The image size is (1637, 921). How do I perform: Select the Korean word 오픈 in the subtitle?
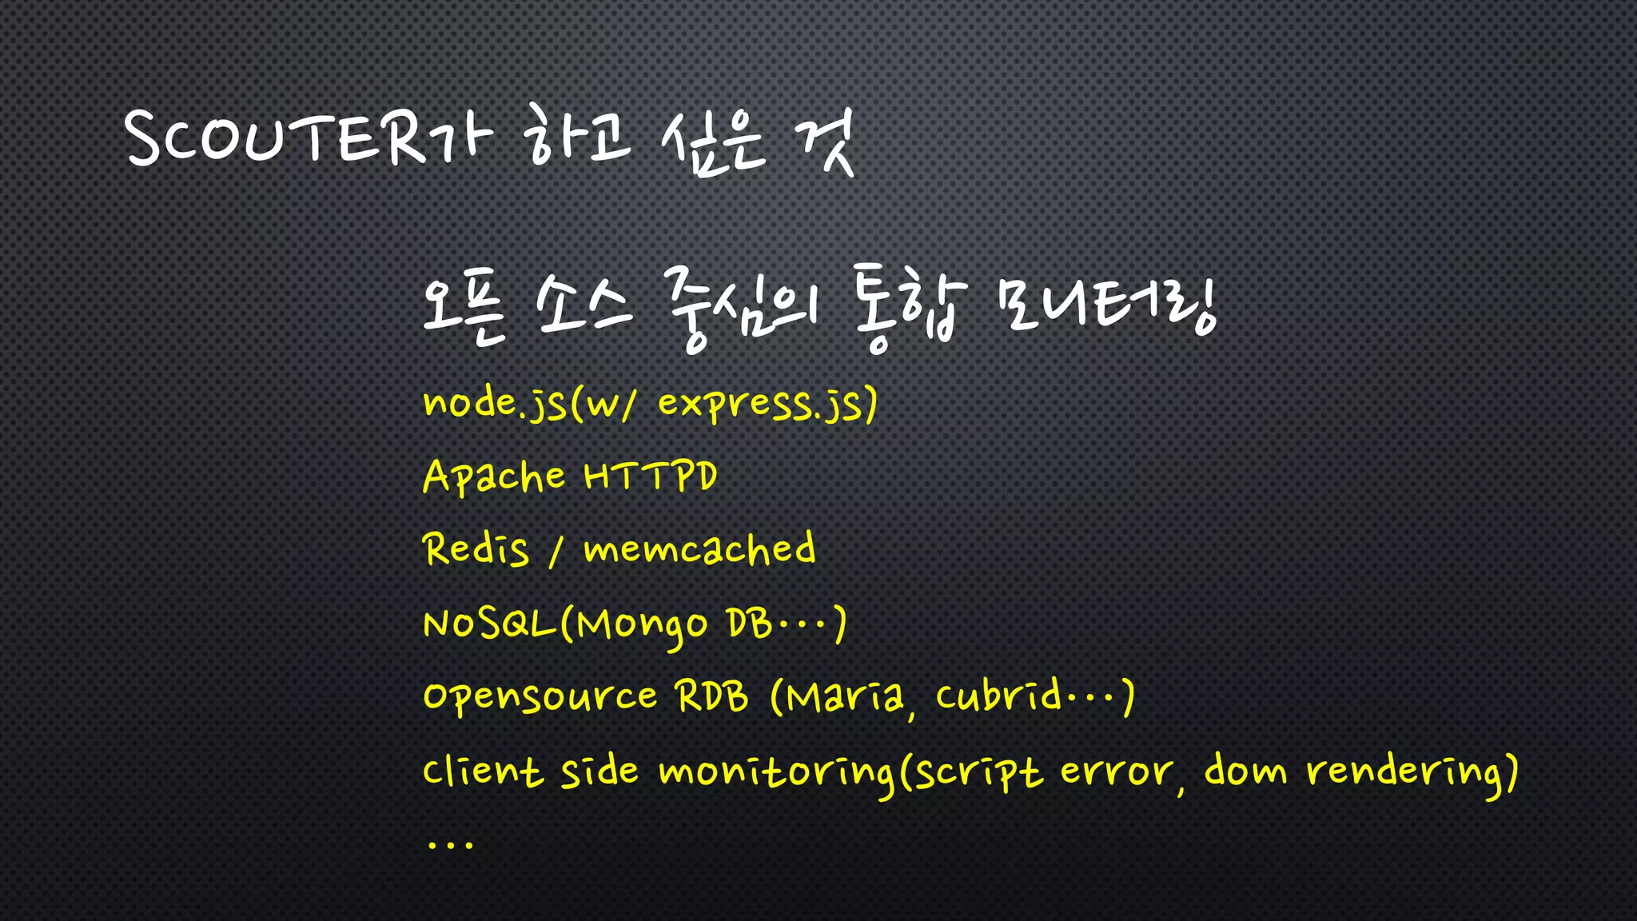pos(464,308)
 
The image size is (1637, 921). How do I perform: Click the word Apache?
pos(494,477)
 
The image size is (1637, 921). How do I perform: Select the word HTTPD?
pos(650,476)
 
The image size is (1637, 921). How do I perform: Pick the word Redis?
pos(476,550)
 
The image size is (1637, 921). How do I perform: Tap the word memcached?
pos(699,550)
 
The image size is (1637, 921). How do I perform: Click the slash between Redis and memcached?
pos(556,552)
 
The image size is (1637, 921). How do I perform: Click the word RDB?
pos(712,696)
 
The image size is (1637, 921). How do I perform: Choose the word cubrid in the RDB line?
pos(999,696)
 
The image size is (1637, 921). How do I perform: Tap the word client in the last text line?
pos(482,771)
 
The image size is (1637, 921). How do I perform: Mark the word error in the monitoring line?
pos(1117,772)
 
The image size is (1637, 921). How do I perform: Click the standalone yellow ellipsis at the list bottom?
pos(450,843)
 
